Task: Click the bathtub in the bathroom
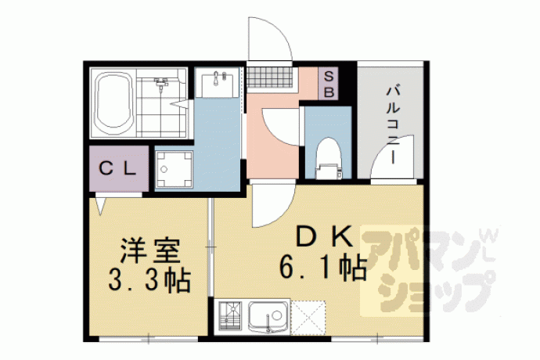(114, 103)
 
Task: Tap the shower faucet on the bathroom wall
(161, 81)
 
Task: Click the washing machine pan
(174, 169)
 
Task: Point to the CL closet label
(117, 169)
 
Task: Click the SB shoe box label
(329, 84)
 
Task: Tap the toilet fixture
(328, 158)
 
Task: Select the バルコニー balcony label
(393, 125)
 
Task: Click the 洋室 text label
(149, 250)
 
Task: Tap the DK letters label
(325, 236)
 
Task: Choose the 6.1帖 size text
(322, 268)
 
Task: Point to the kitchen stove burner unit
(229, 317)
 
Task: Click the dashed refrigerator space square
(308, 317)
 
